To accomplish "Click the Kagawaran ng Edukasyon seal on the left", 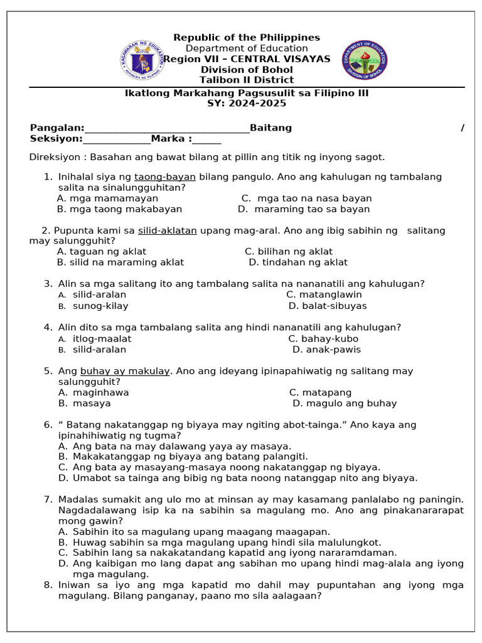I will click(x=142, y=61).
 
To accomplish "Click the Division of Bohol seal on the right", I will click(x=364, y=61).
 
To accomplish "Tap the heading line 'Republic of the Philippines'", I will click(x=247, y=38).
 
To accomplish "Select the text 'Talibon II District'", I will click(x=247, y=80).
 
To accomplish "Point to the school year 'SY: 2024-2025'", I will click(x=247, y=104).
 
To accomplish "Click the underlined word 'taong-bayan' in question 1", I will click(x=165, y=177).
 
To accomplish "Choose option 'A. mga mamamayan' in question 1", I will click(x=107, y=198).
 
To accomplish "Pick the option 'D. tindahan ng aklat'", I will click(x=298, y=262).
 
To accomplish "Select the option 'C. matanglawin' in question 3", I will click(x=324, y=294).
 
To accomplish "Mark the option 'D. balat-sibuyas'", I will click(x=328, y=306).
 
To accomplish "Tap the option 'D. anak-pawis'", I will click(x=326, y=350).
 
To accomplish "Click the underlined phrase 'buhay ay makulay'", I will click(x=125, y=371).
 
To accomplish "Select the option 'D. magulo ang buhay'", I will click(x=345, y=403).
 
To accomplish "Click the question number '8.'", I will click(x=48, y=585).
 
